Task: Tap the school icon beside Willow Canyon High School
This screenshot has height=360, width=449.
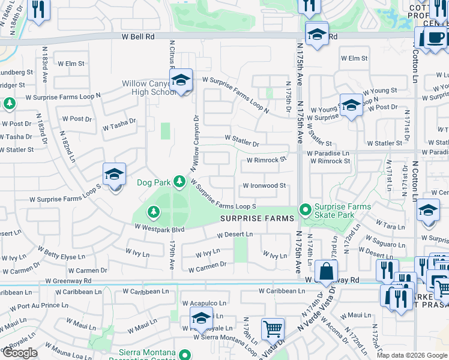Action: pyautogui.click(x=181, y=81)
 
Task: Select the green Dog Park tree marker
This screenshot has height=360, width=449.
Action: pyautogui.click(x=179, y=181)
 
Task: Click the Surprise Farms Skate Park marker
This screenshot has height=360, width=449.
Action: pyautogui.click(x=306, y=210)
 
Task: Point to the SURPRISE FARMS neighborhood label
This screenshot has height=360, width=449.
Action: pyautogui.click(x=258, y=218)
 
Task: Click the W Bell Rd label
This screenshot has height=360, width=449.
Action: pyautogui.click(x=138, y=37)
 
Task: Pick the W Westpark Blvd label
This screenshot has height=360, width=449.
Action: pyautogui.click(x=158, y=229)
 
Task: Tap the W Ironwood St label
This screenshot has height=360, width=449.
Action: pyautogui.click(x=264, y=186)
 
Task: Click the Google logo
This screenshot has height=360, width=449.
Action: pyautogui.click(x=20, y=353)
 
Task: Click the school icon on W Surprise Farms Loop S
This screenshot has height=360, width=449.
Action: pyautogui.click(x=114, y=175)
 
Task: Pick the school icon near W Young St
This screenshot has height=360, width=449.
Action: pyautogui.click(x=351, y=106)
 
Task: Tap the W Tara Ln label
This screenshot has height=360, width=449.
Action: pyautogui.click(x=394, y=227)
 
